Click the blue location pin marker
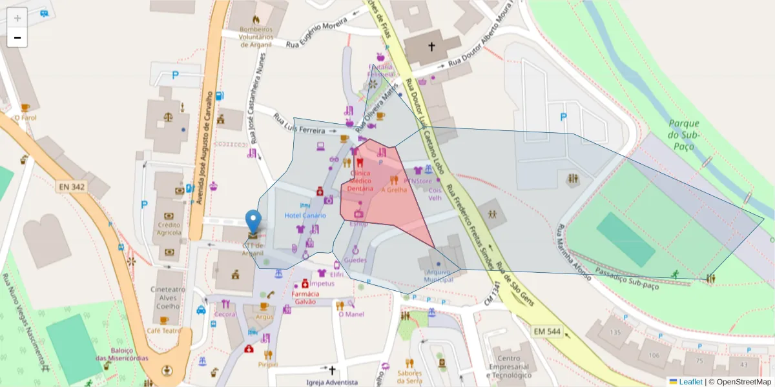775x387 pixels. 254,221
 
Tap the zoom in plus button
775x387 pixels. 17,17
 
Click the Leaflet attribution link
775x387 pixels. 690,381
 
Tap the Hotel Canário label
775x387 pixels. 305,215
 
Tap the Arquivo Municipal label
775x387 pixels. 438,275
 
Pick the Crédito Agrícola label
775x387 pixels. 169,228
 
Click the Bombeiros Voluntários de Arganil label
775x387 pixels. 256,37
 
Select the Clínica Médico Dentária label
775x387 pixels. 360,181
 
